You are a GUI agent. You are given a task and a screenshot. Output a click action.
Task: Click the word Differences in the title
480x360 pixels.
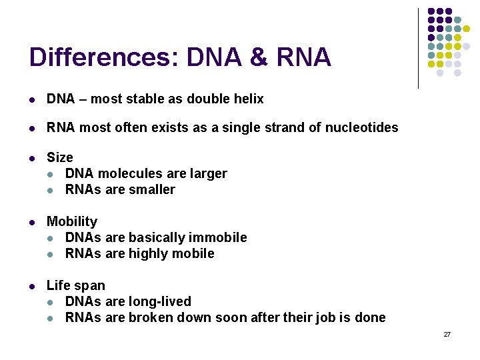101,57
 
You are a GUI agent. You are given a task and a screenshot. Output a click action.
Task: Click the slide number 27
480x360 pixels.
447,334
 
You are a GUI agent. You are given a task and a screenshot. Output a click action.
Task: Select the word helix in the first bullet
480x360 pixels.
249,99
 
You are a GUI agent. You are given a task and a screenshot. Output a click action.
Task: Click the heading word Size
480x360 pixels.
59,157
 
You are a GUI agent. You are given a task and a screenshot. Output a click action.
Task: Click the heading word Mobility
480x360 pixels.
71,221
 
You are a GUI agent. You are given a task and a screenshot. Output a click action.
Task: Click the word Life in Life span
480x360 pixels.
57,285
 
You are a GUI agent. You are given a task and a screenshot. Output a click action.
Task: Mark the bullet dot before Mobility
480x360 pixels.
33,222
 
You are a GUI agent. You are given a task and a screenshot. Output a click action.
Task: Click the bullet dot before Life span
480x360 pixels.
33,286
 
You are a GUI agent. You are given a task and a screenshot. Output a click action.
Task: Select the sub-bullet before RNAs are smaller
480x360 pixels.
51,190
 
